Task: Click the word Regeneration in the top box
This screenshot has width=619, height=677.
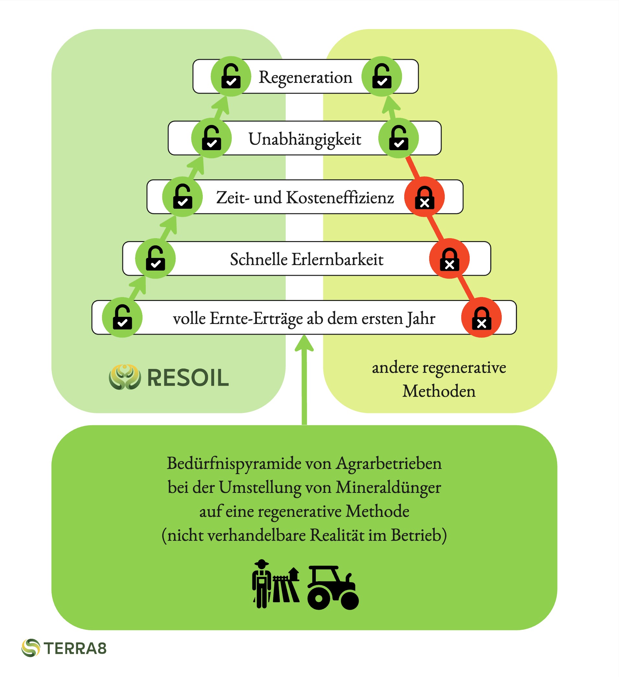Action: pyautogui.click(x=305, y=77)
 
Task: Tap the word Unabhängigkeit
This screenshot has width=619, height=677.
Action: pyautogui.click(x=305, y=139)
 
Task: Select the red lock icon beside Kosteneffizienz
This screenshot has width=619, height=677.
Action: pyautogui.click(x=424, y=197)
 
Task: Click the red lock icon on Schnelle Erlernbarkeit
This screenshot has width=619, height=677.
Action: pyautogui.click(x=449, y=259)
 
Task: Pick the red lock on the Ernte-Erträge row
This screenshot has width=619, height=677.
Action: pyautogui.click(x=481, y=317)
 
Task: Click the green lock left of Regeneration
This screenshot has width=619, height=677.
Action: pyautogui.click(x=231, y=76)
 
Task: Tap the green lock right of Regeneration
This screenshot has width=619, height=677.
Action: pyautogui.click(x=382, y=76)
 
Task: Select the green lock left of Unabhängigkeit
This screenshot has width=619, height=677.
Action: pyautogui.click(x=212, y=138)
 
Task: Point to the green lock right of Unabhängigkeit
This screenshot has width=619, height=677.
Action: pyautogui.click(x=398, y=138)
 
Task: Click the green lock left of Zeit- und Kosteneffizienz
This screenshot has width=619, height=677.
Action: pyautogui.click(x=182, y=197)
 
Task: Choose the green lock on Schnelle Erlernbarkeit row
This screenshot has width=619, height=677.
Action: pyautogui.click(x=155, y=259)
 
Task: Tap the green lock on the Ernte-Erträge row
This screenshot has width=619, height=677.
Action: pyautogui.click(x=122, y=317)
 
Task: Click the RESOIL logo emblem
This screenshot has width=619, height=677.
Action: pyautogui.click(x=125, y=377)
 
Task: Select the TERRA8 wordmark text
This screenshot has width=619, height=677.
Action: pyautogui.click(x=75, y=649)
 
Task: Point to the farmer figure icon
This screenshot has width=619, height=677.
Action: pyautogui.click(x=261, y=584)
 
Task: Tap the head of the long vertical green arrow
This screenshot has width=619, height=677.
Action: pyautogui.click(x=304, y=342)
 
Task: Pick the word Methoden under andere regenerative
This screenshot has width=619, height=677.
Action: pyautogui.click(x=439, y=391)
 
